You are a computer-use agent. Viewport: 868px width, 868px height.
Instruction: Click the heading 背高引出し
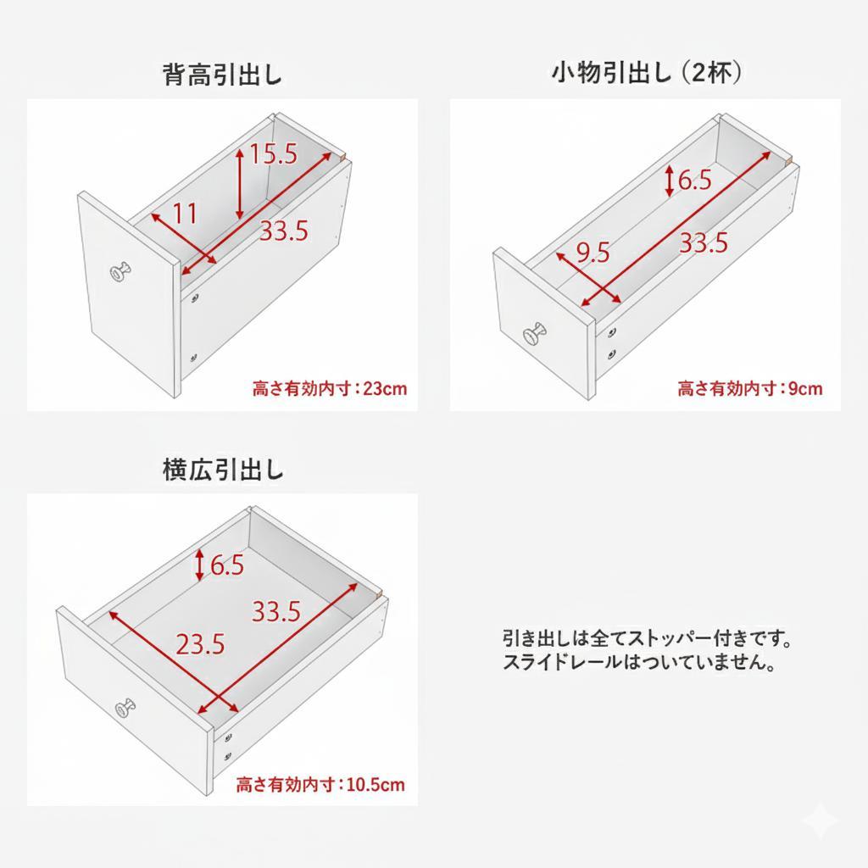tap(222, 75)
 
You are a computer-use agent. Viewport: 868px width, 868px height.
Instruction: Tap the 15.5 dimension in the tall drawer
tap(273, 154)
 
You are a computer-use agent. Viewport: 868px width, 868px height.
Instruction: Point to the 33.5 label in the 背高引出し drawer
tap(283, 231)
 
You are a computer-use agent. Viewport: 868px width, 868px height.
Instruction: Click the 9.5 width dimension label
tap(593, 252)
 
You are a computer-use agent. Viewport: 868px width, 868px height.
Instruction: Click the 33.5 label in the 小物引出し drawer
tap(704, 243)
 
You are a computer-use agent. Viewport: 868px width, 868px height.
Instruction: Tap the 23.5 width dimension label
tap(200, 644)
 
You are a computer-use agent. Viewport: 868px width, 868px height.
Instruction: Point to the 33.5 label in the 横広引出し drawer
tap(276, 610)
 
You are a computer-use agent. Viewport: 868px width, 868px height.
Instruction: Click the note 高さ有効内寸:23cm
tap(330, 389)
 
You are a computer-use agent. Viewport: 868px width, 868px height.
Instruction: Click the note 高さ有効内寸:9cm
tap(749, 389)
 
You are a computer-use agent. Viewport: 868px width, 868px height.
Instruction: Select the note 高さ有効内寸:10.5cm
tap(320, 784)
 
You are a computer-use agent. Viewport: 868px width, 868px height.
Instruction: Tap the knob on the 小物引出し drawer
tap(536, 335)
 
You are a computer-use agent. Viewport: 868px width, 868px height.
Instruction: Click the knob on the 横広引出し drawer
tap(125, 707)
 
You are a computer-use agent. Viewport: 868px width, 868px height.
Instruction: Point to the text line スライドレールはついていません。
tap(640, 662)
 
